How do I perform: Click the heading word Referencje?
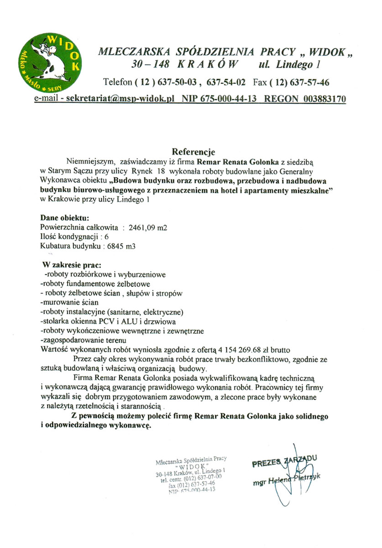193,151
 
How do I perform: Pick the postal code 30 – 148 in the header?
147,65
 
